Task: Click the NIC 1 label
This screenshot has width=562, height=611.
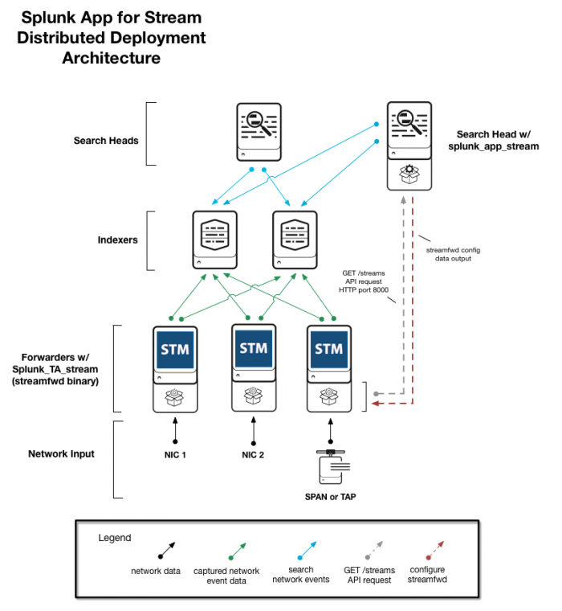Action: pos(175,455)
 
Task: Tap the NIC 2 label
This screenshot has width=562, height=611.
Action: pos(253,455)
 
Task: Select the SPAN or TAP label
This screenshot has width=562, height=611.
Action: pos(331,497)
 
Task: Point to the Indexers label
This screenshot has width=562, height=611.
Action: pos(117,240)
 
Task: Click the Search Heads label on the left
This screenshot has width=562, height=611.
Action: pos(106,141)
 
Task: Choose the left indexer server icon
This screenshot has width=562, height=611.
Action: pos(215,240)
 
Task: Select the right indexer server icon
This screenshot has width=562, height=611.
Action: pos(295,240)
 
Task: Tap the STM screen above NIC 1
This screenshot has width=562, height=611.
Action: pos(175,349)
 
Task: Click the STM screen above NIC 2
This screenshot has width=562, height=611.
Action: pos(254,347)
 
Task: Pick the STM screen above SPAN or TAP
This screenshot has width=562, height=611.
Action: pos(329,349)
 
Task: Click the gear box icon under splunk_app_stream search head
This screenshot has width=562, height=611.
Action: pos(409,174)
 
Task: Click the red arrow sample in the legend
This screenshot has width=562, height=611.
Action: pos(435,550)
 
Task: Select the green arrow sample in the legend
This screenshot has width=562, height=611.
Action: pos(238,551)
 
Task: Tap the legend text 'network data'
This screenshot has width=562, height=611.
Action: pos(156,572)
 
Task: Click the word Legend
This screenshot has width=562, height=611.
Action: pos(115,538)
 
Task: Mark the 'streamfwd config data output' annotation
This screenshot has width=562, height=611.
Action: pos(453,254)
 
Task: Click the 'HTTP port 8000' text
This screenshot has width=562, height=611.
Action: pos(364,290)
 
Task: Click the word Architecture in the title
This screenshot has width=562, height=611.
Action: pos(112,58)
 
